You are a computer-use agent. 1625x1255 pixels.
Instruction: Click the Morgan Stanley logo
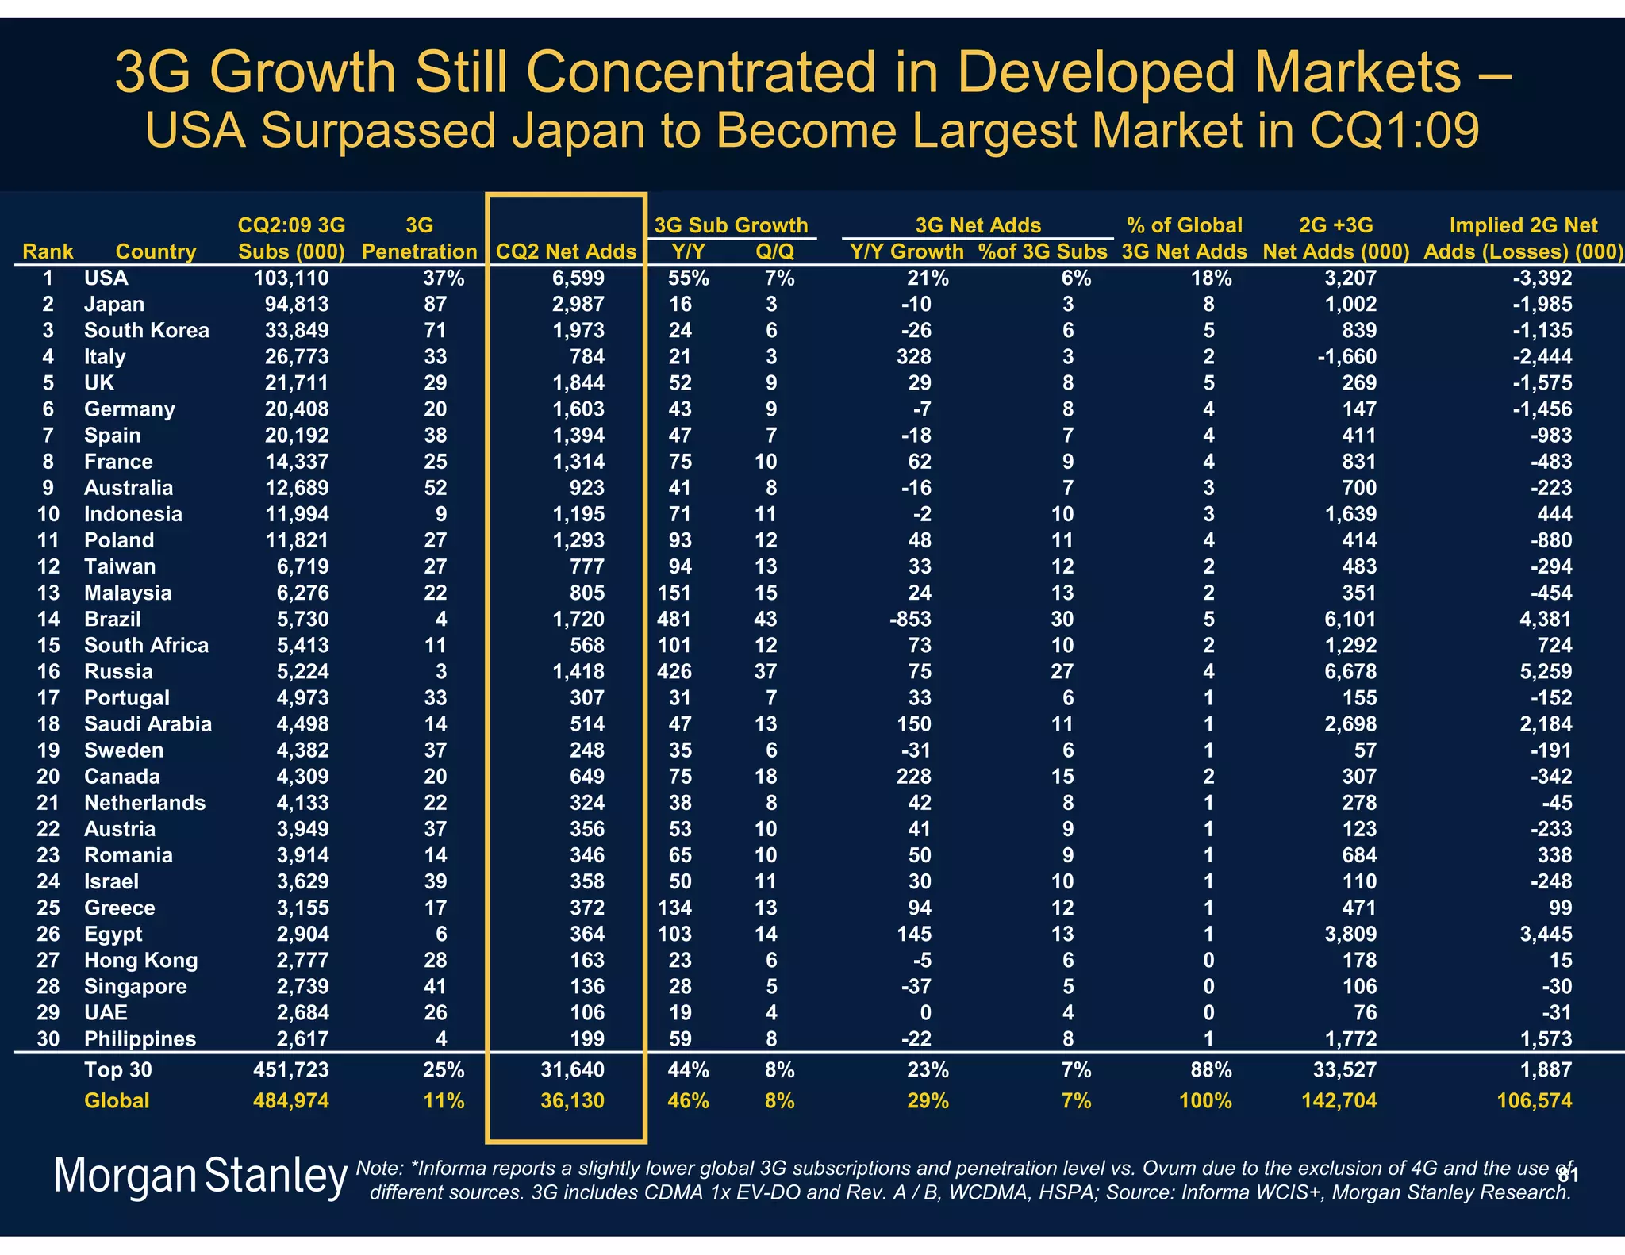tap(200, 1176)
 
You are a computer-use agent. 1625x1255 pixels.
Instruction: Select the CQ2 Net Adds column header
tap(566, 251)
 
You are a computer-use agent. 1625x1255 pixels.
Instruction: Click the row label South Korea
tap(147, 330)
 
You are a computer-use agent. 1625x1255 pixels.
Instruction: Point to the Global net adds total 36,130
tap(572, 1100)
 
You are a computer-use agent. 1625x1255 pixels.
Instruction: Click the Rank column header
tap(48, 251)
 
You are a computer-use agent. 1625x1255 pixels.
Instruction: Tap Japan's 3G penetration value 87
tap(435, 304)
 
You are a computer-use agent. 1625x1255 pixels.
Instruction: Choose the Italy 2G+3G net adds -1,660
tap(1346, 356)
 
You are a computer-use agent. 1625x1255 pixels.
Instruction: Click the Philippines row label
tap(140, 1038)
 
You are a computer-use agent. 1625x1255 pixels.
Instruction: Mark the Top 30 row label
tap(117, 1069)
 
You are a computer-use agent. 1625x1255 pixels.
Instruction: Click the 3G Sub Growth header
tap(731, 225)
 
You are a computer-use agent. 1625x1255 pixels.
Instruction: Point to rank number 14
tap(48, 619)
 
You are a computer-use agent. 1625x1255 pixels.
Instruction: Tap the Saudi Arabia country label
tap(148, 723)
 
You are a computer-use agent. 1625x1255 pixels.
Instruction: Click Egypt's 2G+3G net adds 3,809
tap(1350, 934)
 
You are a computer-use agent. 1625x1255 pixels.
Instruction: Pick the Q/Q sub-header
tap(774, 251)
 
